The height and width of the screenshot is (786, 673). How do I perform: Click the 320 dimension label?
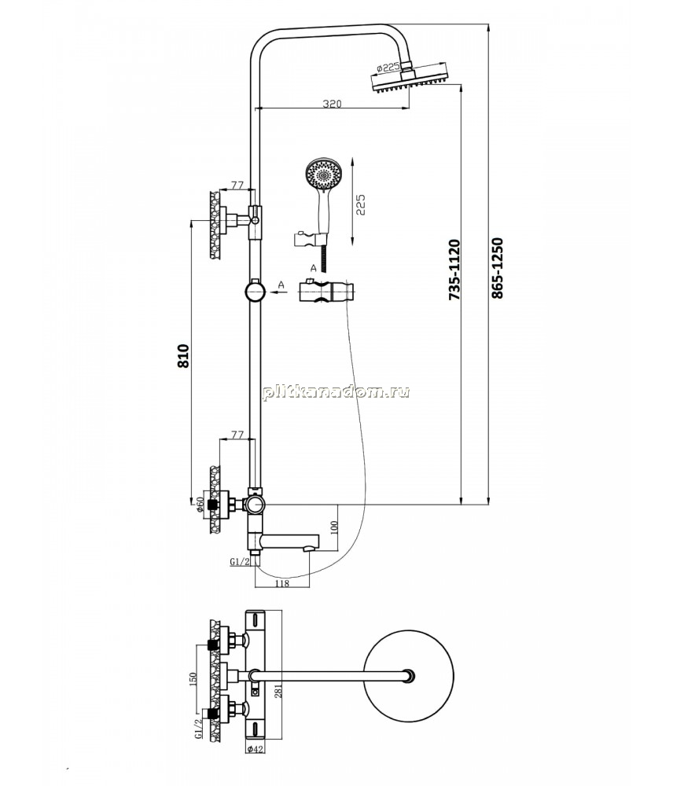point(332,104)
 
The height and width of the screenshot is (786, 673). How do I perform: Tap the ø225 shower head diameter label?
point(387,68)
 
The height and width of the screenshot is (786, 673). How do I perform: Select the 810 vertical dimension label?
point(183,356)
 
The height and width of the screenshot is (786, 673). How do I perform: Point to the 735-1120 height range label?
point(454,270)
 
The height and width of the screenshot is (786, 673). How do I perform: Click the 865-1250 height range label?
point(496,268)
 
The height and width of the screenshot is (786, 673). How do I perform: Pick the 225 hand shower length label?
point(361,204)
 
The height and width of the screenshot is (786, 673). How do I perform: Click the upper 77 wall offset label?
point(237,185)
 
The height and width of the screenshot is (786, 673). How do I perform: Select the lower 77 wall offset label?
point(237,435)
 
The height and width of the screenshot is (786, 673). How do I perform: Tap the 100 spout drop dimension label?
point(334,527)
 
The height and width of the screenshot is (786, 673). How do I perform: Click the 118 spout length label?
point(282,583)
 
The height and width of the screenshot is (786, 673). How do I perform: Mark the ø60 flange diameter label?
point(199,505)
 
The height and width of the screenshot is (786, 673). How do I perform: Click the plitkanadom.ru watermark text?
point(336,391)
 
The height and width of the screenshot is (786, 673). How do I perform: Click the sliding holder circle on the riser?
point(256,292)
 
